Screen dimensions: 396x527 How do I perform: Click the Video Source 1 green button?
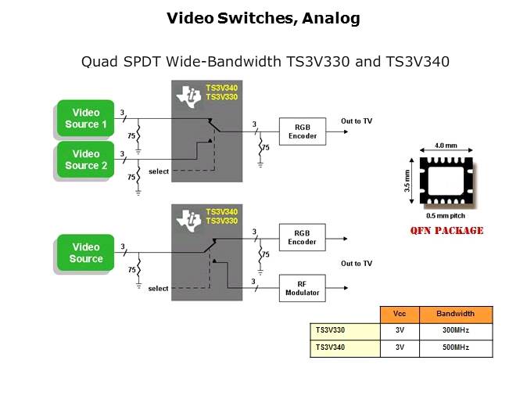click(85, 118)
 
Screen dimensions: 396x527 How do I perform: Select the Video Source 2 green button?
click(85, 160)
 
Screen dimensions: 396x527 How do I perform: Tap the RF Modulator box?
click(302, 287)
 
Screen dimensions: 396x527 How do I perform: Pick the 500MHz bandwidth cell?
click(455, 347)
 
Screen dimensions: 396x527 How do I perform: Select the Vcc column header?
click(400, 315)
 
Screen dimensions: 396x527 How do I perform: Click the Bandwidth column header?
click(455, 315)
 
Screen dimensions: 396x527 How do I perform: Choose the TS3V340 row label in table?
click(330, 347)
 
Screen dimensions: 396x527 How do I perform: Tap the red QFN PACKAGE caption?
click(446, 231)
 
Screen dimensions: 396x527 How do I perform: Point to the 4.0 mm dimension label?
click(446, 146)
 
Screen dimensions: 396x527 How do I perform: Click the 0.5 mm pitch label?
click(446, 215)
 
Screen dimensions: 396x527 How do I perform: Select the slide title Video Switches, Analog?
click(263, 19)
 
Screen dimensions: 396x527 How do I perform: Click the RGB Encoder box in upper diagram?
click(302, 130)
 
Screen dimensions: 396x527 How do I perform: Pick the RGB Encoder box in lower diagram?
click(302, 237)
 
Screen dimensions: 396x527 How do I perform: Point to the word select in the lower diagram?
click(158, 289)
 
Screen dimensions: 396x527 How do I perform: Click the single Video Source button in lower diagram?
click(85, 253)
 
